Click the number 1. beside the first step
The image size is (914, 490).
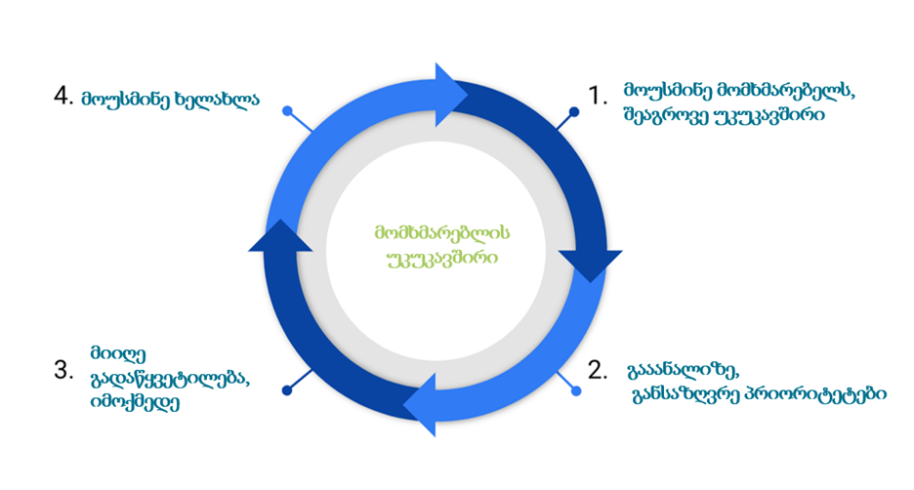[x=598, y=94]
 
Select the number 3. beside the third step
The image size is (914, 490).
[x=64, y=370]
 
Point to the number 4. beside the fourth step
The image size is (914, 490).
[x=64, y=96]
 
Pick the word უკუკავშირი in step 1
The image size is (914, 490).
[x=770, y=116]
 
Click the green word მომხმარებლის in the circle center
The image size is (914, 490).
[x=442, y=233]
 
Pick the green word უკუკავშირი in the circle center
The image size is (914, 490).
[x=442, y=259]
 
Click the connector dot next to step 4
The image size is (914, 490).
[x=287, y=111]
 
